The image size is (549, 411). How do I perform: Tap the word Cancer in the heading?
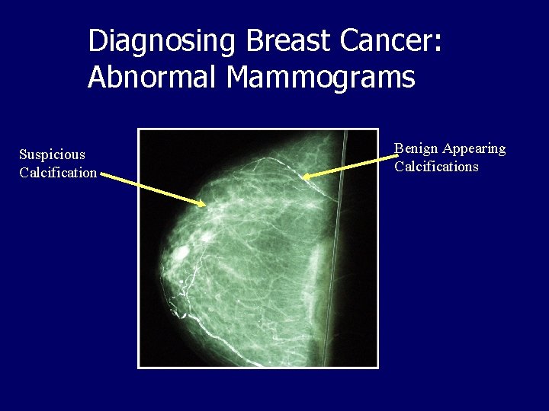pyautogui.click(x=379, y=41)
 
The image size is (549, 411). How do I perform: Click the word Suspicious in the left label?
pyautogui.click(x=52, y=155)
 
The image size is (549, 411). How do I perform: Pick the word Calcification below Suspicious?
pyautogui.click(x=58, y=173)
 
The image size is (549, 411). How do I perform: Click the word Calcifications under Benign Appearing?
pyautogui.click(x=436, y=167)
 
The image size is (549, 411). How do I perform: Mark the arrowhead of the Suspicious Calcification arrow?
pyautogui.click(x=204, y=204)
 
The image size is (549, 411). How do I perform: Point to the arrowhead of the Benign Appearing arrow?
pyautogui.click(x=305, y=178)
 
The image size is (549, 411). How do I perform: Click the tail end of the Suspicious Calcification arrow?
pyautogui.click(x=101, y=175)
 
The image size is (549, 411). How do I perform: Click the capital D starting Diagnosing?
pyautogui.click(x=97, y=41)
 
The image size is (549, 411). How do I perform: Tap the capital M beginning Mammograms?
pyautogui.click(x=232, y=77)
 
